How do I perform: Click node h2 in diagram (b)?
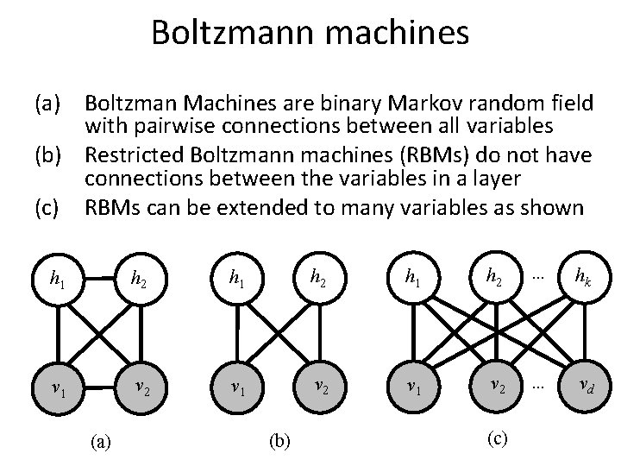318,278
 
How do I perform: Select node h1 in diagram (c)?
413,278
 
